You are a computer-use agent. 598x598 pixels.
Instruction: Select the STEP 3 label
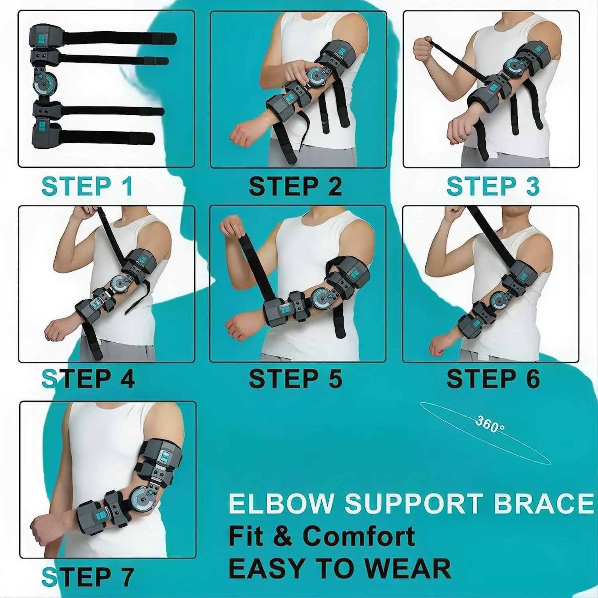tap(493, 186)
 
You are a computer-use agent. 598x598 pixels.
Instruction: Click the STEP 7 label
tap(88, 576)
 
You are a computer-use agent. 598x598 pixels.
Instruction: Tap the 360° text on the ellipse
tap(490, 425)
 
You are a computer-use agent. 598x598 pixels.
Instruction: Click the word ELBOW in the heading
tap(280, 503)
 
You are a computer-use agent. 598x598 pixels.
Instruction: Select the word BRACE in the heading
tap(543, 503)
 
